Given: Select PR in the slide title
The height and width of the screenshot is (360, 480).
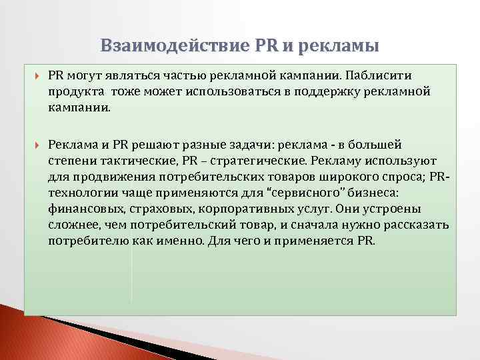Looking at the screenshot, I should pos(269,45).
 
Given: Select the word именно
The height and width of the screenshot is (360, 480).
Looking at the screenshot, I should pos(177,240).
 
